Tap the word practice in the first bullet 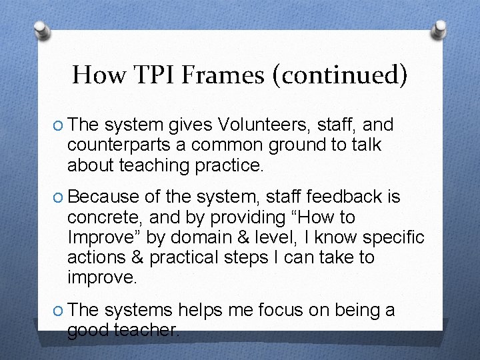(x=226, y=165)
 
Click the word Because (x=103, y=197)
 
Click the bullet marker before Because (x=57, y=197)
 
